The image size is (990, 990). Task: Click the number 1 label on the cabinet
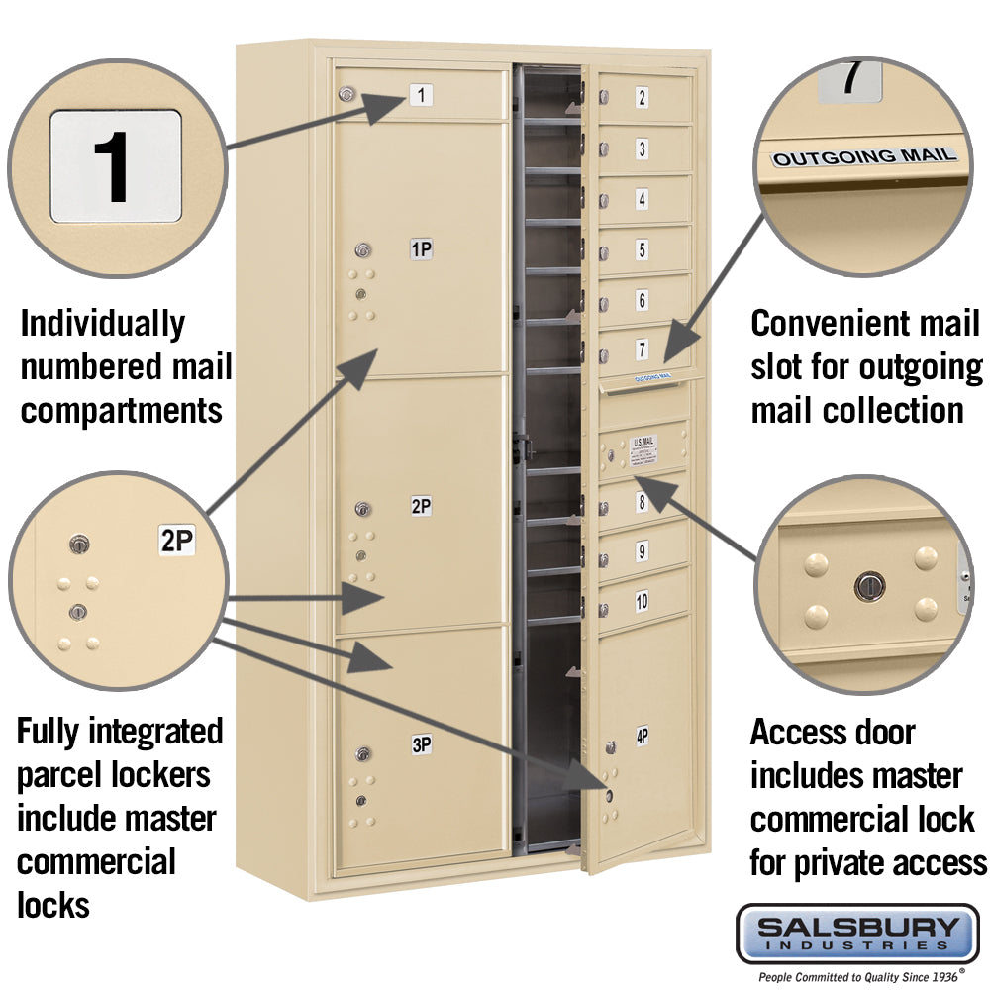click(x=421, y=96)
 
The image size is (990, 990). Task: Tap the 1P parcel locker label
click(x=421, y=250)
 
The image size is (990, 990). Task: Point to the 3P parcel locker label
click(x=421, y=745)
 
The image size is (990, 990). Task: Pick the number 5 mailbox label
click(x=642, y=249)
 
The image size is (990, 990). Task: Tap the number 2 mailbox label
click(x=642, y=97)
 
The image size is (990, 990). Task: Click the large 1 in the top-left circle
click(x=116, y=165)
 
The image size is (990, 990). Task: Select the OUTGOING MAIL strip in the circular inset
click(x=864, y=156)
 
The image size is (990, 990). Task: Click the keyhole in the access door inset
click(x=867, y=585)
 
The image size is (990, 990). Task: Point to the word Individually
click(x=102, y=324)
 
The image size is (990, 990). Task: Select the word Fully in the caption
click(x=50, y=733)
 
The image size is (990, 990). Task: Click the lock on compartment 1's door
click(x=346, y=94)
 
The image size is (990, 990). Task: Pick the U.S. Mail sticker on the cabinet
click(x=643, y=450)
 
